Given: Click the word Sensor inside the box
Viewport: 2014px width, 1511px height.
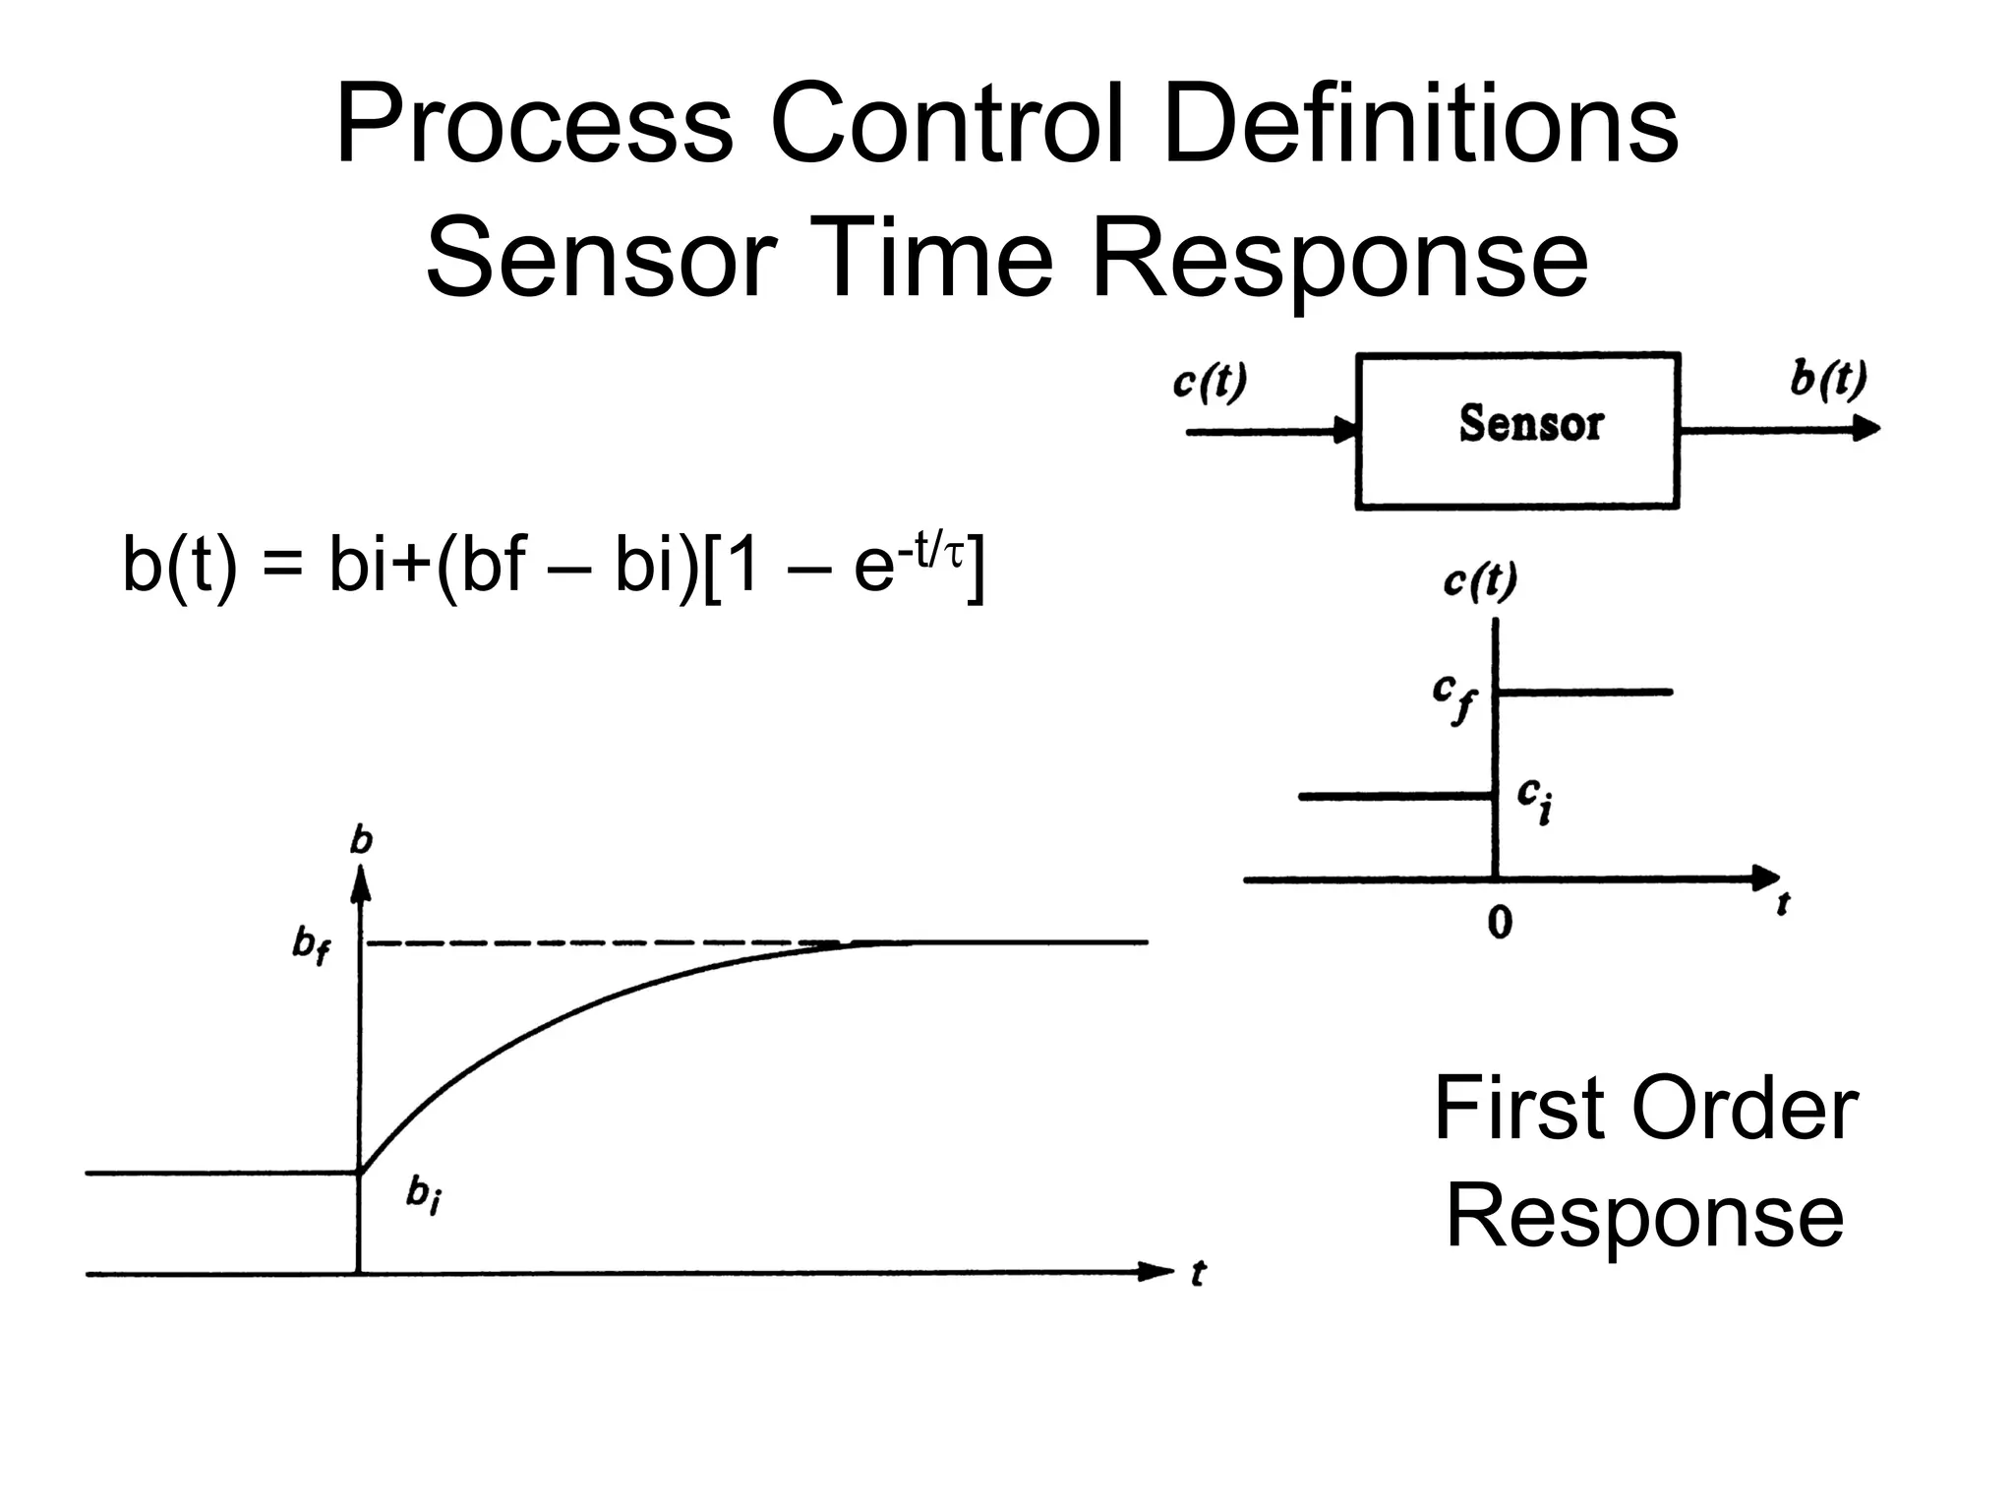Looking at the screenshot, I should point(1530,424).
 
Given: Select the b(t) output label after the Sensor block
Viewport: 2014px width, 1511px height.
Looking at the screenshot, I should point(1828,379).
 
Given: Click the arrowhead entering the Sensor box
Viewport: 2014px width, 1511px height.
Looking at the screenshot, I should point(1344,431).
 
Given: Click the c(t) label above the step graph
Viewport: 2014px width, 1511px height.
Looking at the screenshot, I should point(1480,581).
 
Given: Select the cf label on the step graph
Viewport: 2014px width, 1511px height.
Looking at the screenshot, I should point(1453,697).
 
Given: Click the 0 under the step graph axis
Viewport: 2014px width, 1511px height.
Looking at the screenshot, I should point(1499,923).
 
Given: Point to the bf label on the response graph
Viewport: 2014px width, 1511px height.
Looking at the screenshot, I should point(311,945).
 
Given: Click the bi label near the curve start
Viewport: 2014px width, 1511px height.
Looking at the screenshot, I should point(424,1196).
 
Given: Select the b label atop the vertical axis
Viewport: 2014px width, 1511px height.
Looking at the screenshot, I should point(362,840).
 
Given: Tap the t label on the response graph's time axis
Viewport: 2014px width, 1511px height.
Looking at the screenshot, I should point(1198,1274).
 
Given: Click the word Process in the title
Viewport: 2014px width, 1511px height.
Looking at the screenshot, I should point(534,126).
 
